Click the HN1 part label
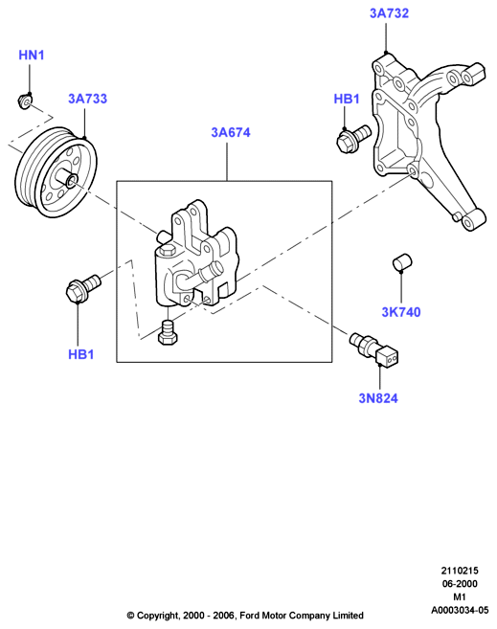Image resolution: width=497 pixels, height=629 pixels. coord(32,55)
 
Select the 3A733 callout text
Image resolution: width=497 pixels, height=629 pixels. coord(87,99)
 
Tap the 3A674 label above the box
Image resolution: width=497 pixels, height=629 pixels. coord(231,132)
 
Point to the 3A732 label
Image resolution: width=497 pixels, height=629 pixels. coord(389,13)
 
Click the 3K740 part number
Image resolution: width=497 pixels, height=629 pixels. coord(400,312)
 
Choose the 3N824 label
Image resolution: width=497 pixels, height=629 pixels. coord(378,398)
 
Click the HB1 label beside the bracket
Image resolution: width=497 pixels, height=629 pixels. coord(347,99)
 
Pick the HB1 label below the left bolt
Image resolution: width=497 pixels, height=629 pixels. coord(81,354)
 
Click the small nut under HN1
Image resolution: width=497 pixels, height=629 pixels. coord(25,101)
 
